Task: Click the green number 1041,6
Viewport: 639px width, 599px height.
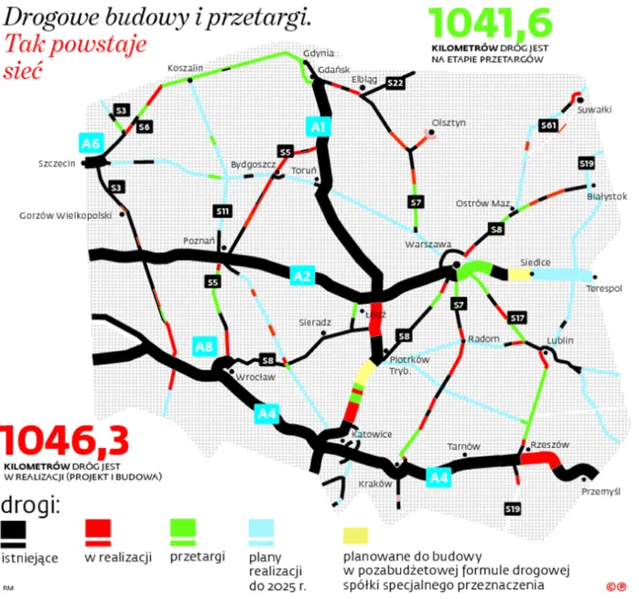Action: pos(489,22)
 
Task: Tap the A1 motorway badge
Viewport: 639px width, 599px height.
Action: pos(319,127)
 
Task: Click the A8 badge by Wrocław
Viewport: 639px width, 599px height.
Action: pos(204,346)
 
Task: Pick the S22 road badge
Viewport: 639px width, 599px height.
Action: pos(395,83)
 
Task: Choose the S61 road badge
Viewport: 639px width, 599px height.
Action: pos(548,125)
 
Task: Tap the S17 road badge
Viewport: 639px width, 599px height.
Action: pos(517,317)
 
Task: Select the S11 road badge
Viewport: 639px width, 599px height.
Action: pos(222,211)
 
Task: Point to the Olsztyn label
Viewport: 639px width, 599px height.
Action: pos(449,122)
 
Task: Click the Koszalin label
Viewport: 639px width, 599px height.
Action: pos(185,69)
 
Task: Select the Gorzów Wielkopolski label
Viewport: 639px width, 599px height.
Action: pos(65,216)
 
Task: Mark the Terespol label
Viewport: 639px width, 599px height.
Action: pos(604,289)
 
